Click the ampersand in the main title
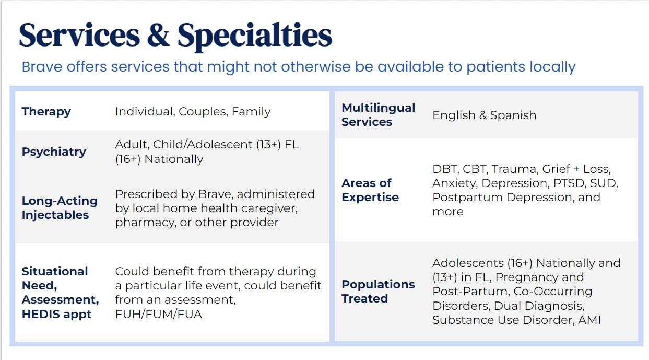[x=158, y=36]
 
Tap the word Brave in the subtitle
[x=42, y=67]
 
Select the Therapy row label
[x=46, y=112]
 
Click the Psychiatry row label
[x=54, y=152]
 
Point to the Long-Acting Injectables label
[x=60, y=208]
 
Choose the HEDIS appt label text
[x=56, y=314]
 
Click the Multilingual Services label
[x=379, y=115]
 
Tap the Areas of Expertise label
[x=370, y=190]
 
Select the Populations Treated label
[x=378, y=292]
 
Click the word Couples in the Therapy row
[x=203, y=112]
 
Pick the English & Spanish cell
[x=484, y=115]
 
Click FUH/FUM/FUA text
[x=159, y=314]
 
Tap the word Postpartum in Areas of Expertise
[x=467, y=198]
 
